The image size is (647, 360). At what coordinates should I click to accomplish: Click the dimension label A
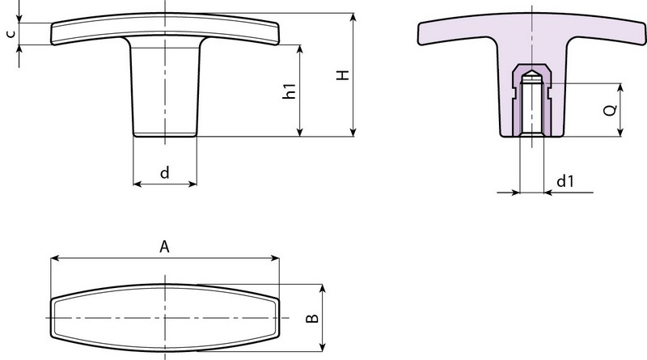point(164,247)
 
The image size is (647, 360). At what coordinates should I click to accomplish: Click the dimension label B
point(312,318)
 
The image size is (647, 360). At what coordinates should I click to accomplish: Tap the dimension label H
point(343,74)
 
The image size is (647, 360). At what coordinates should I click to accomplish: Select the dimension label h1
point(290,91)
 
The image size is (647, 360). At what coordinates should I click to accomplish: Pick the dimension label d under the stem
point(165,172)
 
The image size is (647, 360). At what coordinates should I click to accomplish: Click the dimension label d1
point(565,181)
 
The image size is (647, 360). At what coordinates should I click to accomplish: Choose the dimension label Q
point(611,110)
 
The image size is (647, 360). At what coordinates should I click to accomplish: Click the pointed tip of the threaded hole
point(532,70)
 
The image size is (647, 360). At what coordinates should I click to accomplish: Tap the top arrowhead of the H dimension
point(353,17)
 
